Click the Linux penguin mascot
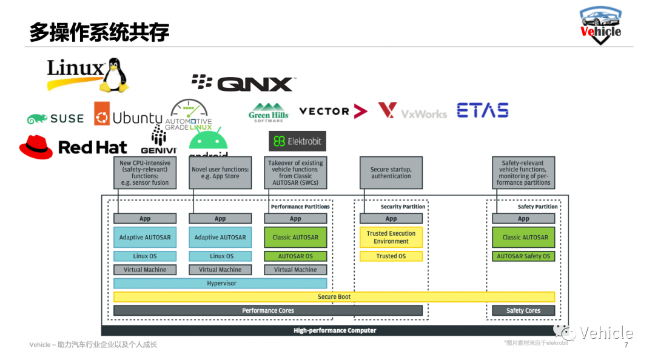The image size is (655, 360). tap(115, 75)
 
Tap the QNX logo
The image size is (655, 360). tap(243, 83)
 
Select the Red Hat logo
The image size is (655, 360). tap(73, 147)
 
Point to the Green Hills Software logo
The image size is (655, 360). tap(269, 112)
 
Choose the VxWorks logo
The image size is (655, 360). tap(412, 112)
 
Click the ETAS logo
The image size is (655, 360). tap(482, 110)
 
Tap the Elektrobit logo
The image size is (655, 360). tap(297, 141)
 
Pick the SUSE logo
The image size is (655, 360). tap(55, 119)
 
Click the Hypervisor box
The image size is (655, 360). tap(220, 284)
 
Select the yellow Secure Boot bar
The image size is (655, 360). tap(334, 297)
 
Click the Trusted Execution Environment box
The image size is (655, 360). tap(391, 237)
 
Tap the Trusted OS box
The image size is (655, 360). tap(391, 256)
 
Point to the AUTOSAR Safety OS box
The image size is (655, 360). tap(523, 256)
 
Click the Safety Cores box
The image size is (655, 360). tap(523, 311)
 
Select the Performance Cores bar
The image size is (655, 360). tap(268, 311)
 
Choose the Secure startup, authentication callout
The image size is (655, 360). tap(391, 173)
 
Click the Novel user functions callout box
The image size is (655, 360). tap(220, 173)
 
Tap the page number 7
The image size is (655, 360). tap(626, 345)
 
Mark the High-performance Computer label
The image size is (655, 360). tap(335, 331)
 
